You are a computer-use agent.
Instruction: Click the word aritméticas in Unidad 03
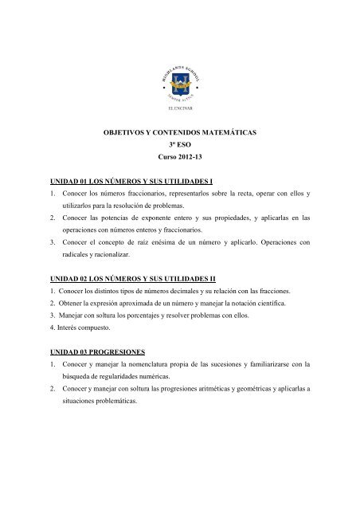[x=212, y=390]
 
